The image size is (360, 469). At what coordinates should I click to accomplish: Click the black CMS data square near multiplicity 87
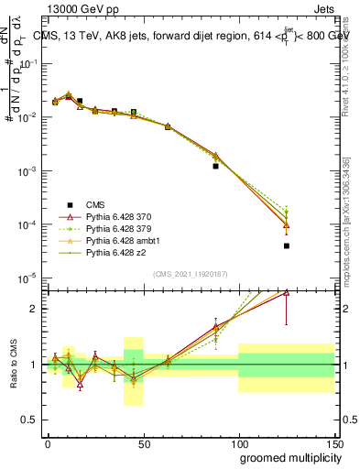pyautogui.click(x=215, y=166)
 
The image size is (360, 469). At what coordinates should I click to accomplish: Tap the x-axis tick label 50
pyautogui.click(x=143, y=443)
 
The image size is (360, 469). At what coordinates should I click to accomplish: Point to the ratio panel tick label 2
pyautogui.click(x=34, y=309)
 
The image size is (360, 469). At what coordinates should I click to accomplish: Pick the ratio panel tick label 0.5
pyautogui.click(x=30, y=420)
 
